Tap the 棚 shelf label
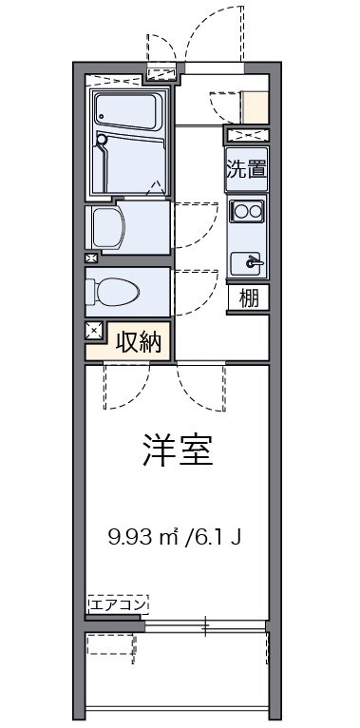[x=248, y=297]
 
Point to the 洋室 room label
[x=178, y=450]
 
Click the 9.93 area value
[x=129, y=537]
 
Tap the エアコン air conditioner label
[x=118, y=603]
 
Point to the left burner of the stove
[x=239, y=210]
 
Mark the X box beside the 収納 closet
[x=94, y=331]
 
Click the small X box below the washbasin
[x=91, y=258]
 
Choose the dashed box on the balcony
[x=111, y=645]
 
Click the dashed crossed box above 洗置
[x=247, y=135]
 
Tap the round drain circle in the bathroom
[x=103, y=140]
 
